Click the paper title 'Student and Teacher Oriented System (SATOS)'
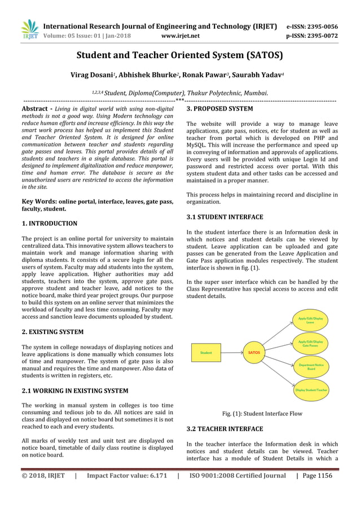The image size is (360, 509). click(x=179, y=55)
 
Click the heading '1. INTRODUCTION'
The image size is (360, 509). click(x=49, y=223)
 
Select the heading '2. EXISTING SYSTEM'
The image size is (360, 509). click(x=52, y=332)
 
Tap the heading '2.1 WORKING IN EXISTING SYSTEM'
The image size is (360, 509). click(x=74, y=390)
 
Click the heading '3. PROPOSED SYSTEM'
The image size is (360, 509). click(x=219, y=108)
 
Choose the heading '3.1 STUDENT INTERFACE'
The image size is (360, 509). click(x=225, y=217)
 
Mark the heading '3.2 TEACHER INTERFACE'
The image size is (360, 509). click(x=225, y=429)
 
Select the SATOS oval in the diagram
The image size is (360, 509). click(x=254, y=353)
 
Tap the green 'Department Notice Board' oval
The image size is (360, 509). click(x=310, y=367)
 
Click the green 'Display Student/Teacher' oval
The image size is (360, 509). click(x=310, y=390)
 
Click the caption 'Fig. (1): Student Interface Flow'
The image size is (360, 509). click(x=262, y=414)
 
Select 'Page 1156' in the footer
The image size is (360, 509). click(x=317, y=476)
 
